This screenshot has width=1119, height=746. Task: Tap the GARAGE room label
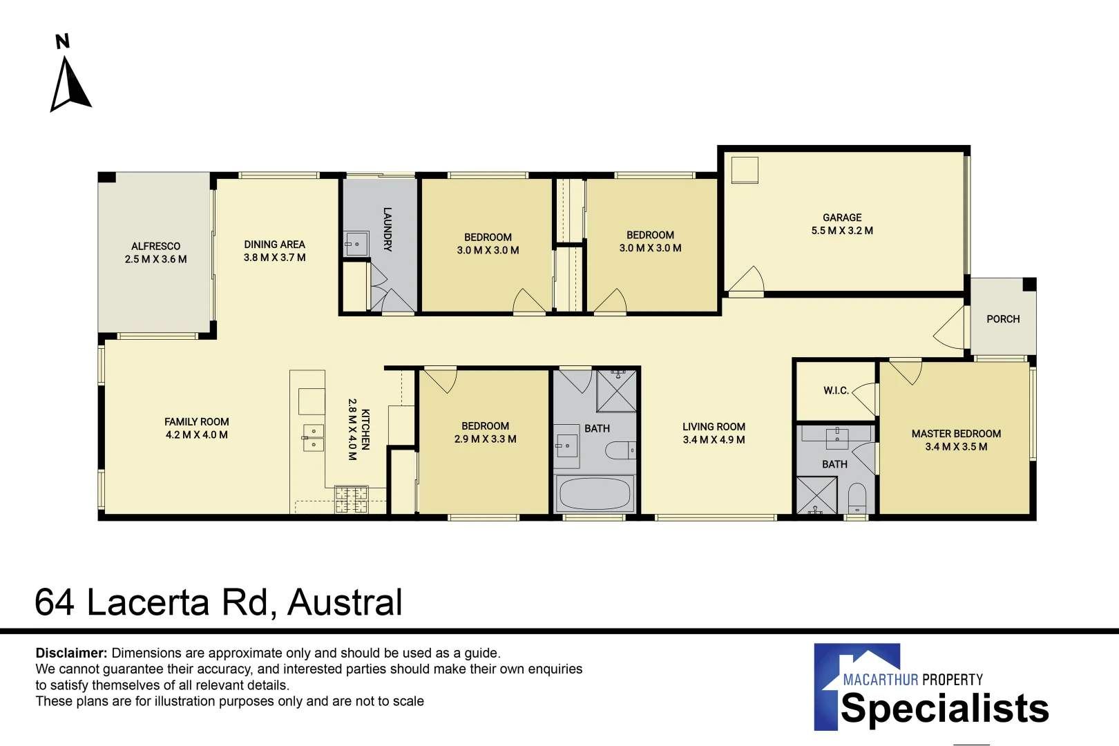tap(842, 218)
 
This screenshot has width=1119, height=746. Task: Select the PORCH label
tap(1003, 319)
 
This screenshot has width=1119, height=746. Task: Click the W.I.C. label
tap(836, 391)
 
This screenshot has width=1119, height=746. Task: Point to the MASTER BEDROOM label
tap(956, 434)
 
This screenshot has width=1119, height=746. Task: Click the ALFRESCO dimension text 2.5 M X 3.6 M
tap(155, 260)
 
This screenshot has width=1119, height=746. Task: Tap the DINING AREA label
tap(274, 245)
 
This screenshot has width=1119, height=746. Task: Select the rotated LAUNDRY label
tap(388, 229)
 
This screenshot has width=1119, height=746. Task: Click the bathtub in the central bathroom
tap(595, 494)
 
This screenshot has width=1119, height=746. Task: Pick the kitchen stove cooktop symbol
tap(351, 499)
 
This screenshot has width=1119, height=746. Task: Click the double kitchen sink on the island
tap(313, 437)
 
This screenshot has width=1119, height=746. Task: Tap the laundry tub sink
tap(356, 244)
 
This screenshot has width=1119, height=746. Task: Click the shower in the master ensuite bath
tap(816, 495)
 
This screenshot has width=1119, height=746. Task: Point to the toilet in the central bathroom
tap(620, 451)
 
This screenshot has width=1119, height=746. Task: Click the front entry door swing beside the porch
tap(950, 329)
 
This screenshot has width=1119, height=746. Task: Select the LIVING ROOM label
tap(714, 427)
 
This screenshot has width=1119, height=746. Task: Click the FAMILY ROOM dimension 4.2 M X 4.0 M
tap(196, 435)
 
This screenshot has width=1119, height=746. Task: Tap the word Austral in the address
tap(345, 602)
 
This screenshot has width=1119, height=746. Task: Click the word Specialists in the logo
tap(944, 709)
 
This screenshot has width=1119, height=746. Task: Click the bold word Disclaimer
tap(71, 653)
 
